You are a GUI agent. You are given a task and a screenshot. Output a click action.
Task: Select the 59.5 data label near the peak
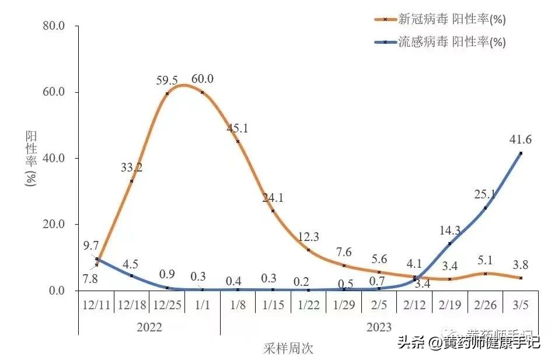[x=168, y=80]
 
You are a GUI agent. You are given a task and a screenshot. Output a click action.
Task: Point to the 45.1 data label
[x=238, y=128]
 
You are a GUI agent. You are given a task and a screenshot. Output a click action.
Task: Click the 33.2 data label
[x=132, y=168]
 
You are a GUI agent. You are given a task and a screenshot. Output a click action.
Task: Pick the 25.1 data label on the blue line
[x=485, y=194]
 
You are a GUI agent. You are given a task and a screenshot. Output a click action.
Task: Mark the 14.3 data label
[x=449, y=230]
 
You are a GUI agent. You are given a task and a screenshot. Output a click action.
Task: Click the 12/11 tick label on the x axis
[x=96, y=305]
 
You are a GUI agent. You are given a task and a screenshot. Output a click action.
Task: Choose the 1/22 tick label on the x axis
[x=308, y=305]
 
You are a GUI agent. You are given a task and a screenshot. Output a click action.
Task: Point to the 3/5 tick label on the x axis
[x=521, y=305]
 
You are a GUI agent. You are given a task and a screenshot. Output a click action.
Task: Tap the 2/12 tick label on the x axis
[x=414, y=305]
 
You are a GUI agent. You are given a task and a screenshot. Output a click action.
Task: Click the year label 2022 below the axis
[x=149, y=327]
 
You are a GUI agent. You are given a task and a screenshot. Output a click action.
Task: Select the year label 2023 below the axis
[x=379, y=327]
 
